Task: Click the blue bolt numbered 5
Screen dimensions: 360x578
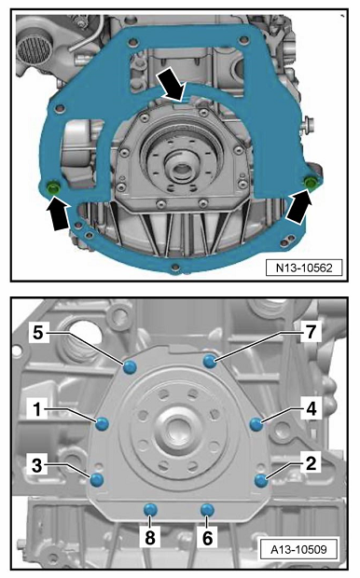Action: [x=130, y=367]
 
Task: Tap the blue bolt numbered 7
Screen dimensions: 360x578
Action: [x=210, y=362]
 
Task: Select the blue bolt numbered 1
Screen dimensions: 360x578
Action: [x=102, y=424]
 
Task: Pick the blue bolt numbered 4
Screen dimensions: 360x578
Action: [x=256, y=424]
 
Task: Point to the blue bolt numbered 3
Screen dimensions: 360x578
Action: [x=97, y=479]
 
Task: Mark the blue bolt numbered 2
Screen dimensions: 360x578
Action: [x=261, y=480]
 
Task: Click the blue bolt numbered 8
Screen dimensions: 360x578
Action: [x=150, y=510]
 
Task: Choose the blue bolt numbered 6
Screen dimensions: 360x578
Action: [x=207, y=510]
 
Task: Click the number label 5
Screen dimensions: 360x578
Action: [x=38, y=333]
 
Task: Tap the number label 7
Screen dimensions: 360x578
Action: [x=311, y=332]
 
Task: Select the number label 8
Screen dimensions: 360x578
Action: [x=150, y=538]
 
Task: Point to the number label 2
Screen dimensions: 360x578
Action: [x=311, y=463]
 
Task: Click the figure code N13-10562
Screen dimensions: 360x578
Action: [x=304, y=268]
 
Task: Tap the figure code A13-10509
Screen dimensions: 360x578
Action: [x=298, y=550]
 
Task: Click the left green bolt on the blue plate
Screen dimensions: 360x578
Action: [x=54, y=187]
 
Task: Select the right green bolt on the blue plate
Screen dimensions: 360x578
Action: [x=310, y=182]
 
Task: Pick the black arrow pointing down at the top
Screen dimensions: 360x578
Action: [x=173, y=86]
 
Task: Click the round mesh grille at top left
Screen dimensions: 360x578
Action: [x=35, y=50]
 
